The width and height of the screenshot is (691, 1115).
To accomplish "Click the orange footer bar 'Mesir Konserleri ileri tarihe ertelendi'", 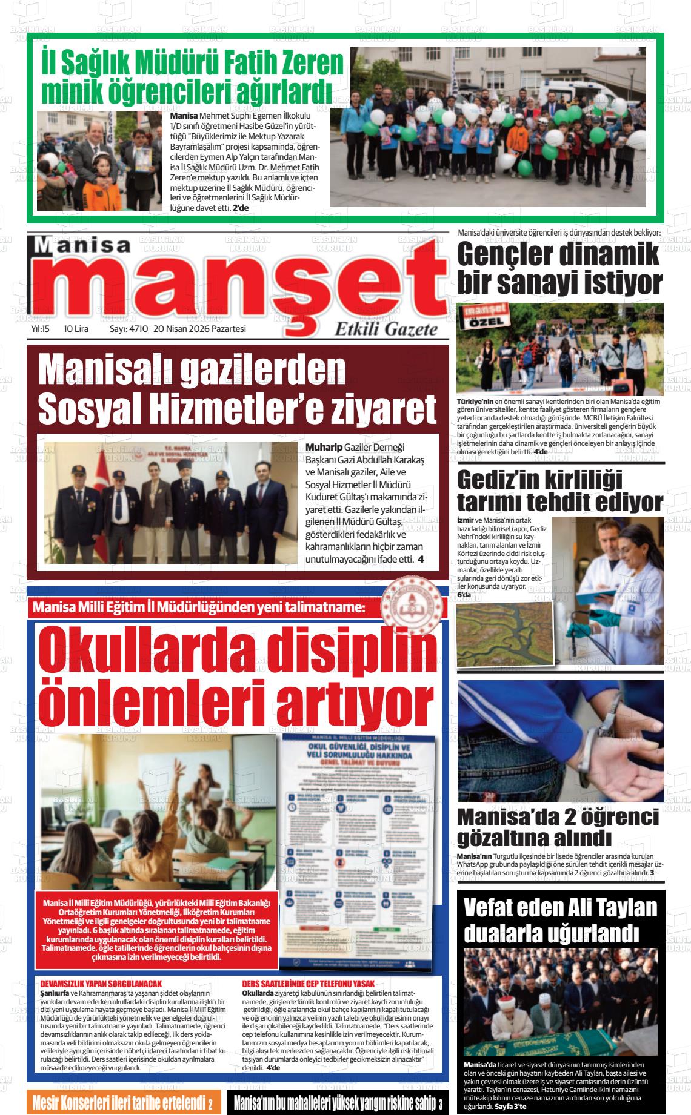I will point(121,1102).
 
